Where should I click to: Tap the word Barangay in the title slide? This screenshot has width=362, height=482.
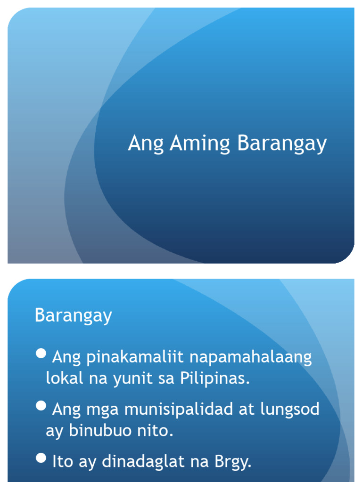[281, 144]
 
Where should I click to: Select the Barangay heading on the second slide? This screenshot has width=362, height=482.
[73, 315]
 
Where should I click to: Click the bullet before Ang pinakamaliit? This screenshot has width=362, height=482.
[41, 353]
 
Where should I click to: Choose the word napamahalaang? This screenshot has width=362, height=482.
[250, 358]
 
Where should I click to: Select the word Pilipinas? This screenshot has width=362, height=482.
[214, 378]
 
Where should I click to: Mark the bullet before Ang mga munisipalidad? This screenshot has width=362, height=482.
[41, 405]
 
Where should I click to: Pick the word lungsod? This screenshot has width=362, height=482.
[289, 410]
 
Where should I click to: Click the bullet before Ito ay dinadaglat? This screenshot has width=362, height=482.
[41, 457]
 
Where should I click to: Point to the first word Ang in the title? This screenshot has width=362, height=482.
[146, 144]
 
